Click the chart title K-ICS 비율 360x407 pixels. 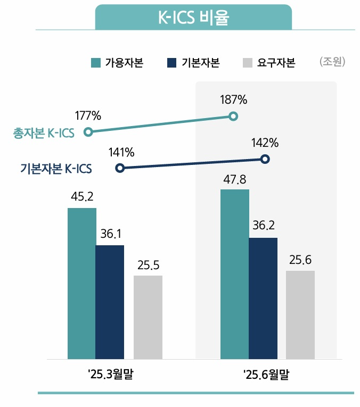click(x=193, y=18)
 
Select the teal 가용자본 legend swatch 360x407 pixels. click(x=96, y=62)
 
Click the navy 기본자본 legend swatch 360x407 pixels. click(x=171, y=62)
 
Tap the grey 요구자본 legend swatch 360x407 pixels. click(x=247, y=62)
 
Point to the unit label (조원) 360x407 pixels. click(x=333, y=62)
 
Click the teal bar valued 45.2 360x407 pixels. click(x=81, y=283)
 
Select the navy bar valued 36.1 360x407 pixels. click(x=110, y=302)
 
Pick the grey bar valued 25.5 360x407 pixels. click(x=148, y=317)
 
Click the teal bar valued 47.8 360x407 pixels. click(x=234, y=274)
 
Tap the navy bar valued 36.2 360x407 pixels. click(x=263, y=298)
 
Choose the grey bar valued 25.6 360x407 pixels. click(x=300, y=314)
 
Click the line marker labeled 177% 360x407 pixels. click(x=89, y=131)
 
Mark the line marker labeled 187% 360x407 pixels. click(x=233, y=116)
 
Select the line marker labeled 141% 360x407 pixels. click(x=120, y=168)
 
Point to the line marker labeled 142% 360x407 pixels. click(x=266, y=159)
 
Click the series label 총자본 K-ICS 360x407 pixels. click(x=44, y=133)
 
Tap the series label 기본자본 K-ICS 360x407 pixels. click(x=56, y=169)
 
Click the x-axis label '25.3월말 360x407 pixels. click(x=111, y=375)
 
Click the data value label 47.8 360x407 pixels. click(x=235, y=179)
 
